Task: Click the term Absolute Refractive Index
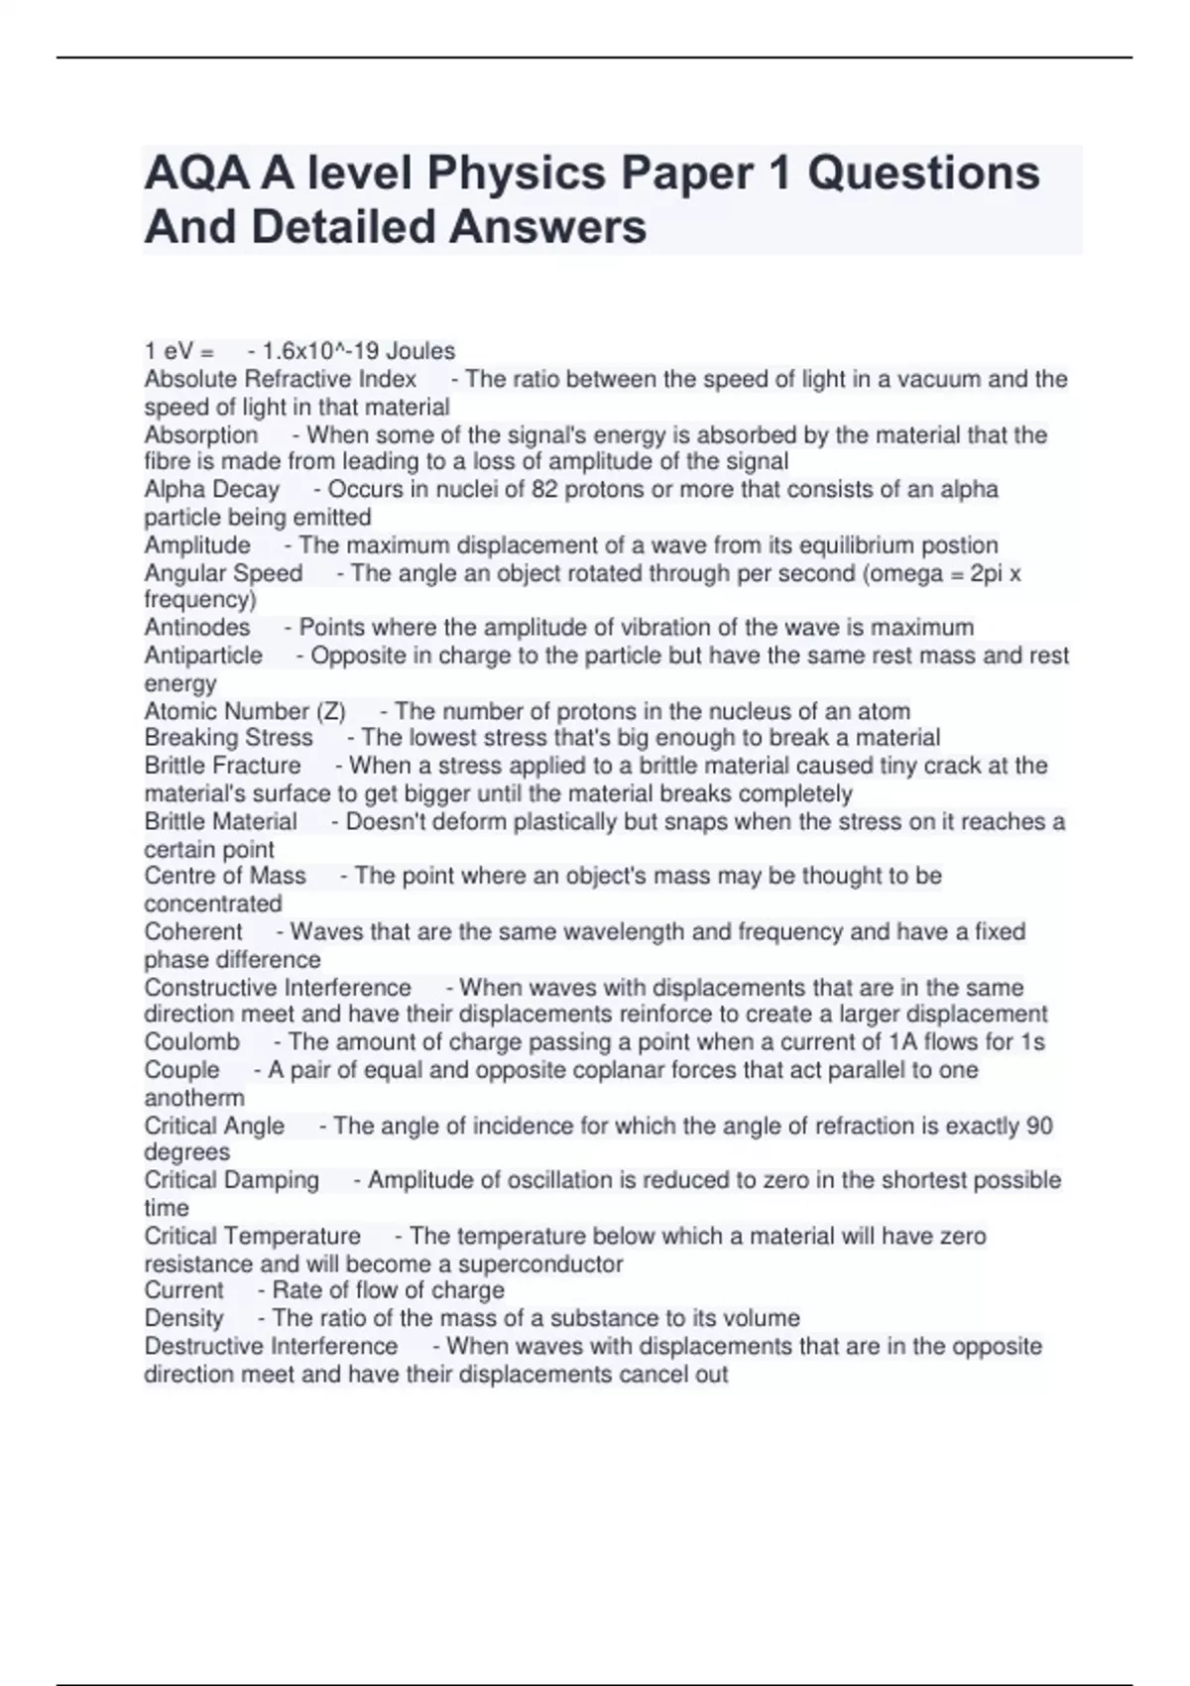pyautogui.click(x=280, y=379)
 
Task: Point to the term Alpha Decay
pyautogui.click(x=211, y=489)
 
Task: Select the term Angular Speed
pyautogui.click(x=223, y=573)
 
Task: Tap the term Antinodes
pyautogui.click(x=196, y=627)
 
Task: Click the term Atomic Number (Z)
pyautogui.click(x=244, y=711)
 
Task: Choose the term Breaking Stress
pyautogui.click(x=228, y=738)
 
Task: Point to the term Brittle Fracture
pyautogui.click(x=222, y=766)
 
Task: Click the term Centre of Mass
pyautogui.click(x=224, y=876)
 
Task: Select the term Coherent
pyautogui.click(x=192, y=931)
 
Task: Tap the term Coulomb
pyautogui.click(x=191, y=1041)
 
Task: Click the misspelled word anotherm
pyautogui.click(x=193, y=1098)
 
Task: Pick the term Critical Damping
pyautogui.click(x=231, y=1180)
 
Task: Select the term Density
pyautogui.click(x=183, y=1318)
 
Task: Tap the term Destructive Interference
pyautogui.click(x=271, y=1346)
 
